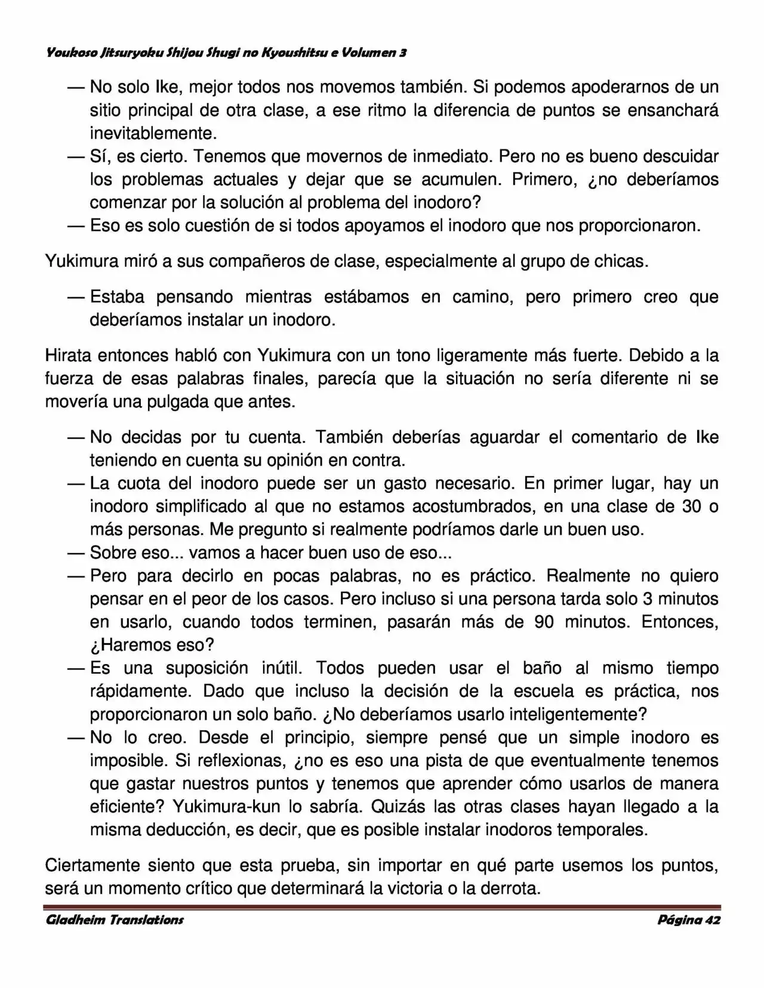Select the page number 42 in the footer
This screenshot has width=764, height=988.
tap(713, 919)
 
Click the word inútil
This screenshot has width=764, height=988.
tap(284, 668)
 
